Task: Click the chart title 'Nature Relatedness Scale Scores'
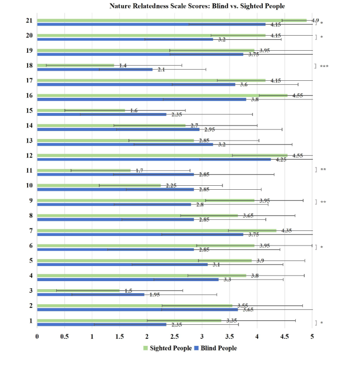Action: point(197,6)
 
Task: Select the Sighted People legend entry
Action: point(167,348)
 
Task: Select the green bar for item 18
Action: point(75,65)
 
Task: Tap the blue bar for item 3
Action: point(90,294)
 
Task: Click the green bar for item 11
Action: point(83,170)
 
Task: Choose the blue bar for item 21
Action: point(150,24)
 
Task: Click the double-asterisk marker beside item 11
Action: point(323,170)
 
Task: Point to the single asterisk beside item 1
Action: point(322,323)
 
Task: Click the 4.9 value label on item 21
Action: point(315,21)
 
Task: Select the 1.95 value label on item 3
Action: point(154,295)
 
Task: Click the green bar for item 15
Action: point(80,110)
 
